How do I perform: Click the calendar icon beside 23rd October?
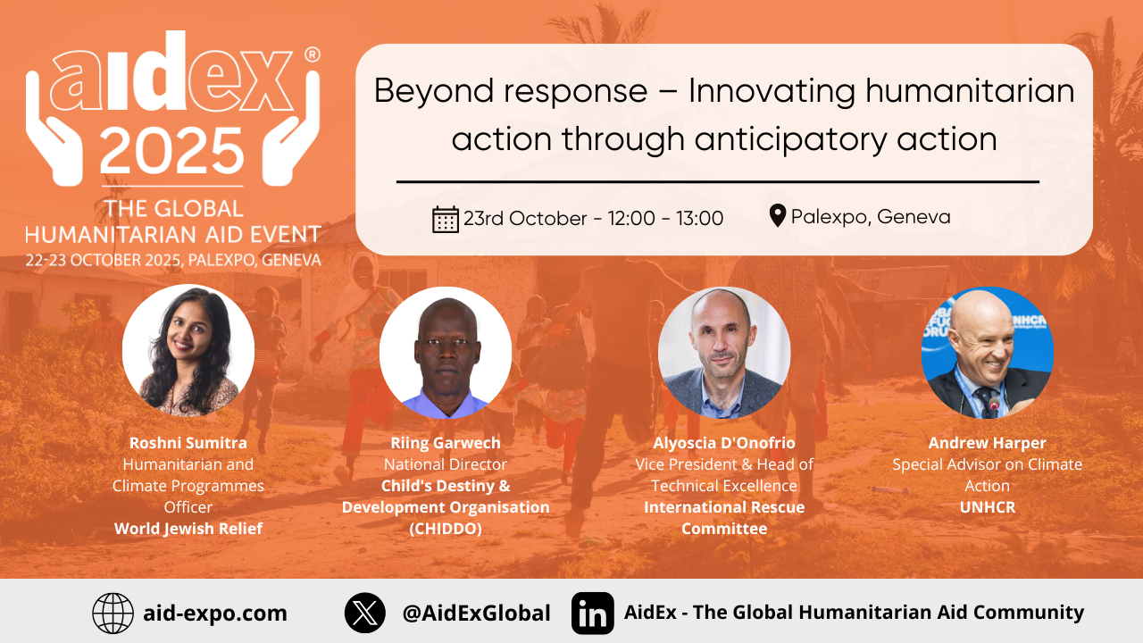point(446,220)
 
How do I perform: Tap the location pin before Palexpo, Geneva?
point(777,215)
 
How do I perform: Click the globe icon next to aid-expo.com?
point(113,613)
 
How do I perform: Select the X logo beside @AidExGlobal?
point(365,613)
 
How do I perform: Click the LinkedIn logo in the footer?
point(592,613)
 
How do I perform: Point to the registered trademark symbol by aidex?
point(312,54)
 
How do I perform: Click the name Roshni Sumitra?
point(188,443)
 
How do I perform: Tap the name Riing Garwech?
point(446,443)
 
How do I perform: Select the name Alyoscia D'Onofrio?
point(724,443)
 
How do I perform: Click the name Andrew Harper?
point(988,443)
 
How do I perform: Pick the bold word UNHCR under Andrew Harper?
point(988,507)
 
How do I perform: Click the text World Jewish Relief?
point(188,529)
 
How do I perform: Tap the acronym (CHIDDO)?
point(446,529)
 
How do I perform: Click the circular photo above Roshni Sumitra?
point(188,351)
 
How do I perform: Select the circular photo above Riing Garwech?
point(446,353)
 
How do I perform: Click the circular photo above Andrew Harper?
point(988,353)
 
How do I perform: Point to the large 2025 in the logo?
point(172,151)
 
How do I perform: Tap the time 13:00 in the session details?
point(699,219)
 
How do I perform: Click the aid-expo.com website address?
point(215,614)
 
